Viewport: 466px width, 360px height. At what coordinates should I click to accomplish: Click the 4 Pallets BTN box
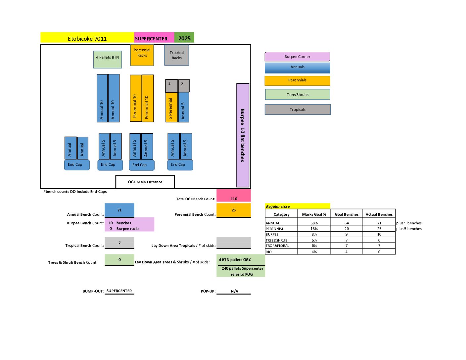[x=108, y=59]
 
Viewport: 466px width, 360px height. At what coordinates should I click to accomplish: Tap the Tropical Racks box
[x=177, y=55]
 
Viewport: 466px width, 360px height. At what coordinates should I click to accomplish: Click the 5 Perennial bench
[x=171, y=107]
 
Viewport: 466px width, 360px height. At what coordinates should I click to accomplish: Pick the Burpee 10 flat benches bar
[x=243, y=135]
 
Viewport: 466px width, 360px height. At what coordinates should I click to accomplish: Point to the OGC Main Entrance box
[x=145, y=182]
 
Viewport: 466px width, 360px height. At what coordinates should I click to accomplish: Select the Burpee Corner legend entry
[x=297, y=57]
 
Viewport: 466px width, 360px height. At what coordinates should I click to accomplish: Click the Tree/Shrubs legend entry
[x=298, y=95]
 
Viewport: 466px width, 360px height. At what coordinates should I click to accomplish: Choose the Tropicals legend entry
[x=298, y=110]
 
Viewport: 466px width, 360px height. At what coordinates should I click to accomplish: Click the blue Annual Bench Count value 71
[x=119, y=210]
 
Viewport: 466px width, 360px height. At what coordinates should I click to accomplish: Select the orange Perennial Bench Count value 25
[x=234, y=210]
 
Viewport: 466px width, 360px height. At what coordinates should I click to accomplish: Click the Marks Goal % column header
[x=314, y=214]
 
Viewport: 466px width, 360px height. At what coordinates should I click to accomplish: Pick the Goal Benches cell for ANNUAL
[x=347, y=223]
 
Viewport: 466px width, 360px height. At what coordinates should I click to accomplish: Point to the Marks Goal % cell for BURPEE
[x=314, y=234]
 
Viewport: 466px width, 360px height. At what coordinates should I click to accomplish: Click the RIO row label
[x=269, y=252]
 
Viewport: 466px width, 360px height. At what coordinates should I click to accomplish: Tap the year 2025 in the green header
[x=184, y=38]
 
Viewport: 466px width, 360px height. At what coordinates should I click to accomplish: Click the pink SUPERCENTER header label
[x=151, y=38]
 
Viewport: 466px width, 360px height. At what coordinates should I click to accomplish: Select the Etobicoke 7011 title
[x=87, y=38]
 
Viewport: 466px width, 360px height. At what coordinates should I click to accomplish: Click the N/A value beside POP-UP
[x=234, y=291]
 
